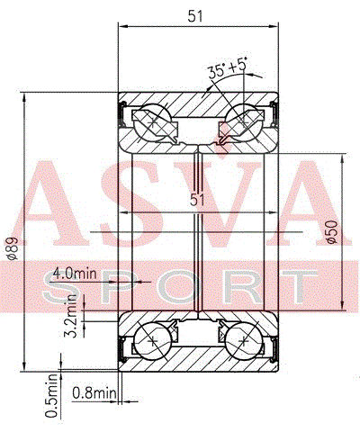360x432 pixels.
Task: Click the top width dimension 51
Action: (195, 16)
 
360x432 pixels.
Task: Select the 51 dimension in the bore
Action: (197, 200)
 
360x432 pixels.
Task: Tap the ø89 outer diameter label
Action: (13, 248)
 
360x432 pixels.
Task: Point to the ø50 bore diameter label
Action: (332, 232)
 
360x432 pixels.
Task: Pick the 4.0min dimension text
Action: (75, 274)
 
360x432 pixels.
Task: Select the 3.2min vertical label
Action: (72, 316)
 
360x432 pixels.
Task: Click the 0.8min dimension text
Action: (94, 392)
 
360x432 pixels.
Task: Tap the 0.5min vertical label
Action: (51, 395)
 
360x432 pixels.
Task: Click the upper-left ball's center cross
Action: (153, 122)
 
